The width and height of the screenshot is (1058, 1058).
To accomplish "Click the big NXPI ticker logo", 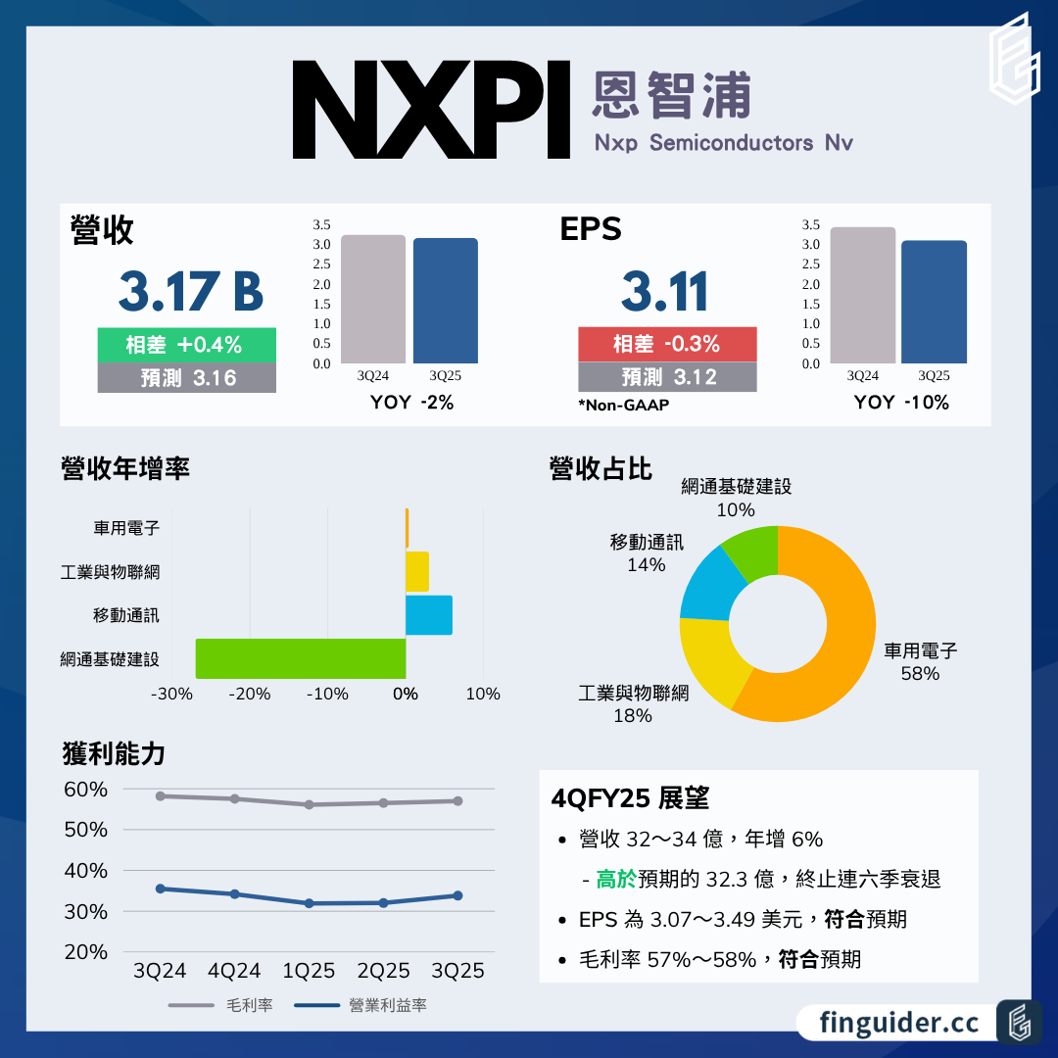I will pos(431,111).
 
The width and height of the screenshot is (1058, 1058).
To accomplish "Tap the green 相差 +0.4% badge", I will pos(186,345).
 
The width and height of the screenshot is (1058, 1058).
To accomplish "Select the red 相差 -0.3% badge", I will pos(667,344).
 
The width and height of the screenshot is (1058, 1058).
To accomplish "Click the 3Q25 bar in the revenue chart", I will pos(445,301).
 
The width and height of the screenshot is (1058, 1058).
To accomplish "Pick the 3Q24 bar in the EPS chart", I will pos(862,295).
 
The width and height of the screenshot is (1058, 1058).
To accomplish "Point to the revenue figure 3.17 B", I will pos(190,291).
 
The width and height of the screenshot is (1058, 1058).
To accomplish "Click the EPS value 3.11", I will pos(665,291).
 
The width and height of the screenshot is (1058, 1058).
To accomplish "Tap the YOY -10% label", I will pos(901,402).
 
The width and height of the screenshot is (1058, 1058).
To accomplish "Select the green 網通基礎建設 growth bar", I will pos(301,658).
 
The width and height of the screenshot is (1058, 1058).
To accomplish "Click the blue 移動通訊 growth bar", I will pos(429,615).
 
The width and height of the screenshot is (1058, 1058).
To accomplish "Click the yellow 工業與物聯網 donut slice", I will pos(708,666).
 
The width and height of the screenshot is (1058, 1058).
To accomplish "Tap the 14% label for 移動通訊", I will pos(647,565).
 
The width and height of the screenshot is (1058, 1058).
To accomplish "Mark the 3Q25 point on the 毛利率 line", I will pos(457,801).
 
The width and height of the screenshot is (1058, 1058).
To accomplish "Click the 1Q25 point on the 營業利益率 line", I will pos(309,903).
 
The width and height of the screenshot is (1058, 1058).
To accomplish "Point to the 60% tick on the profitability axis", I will pos(87,790).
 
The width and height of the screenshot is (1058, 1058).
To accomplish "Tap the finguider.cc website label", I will pos(899,1023).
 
